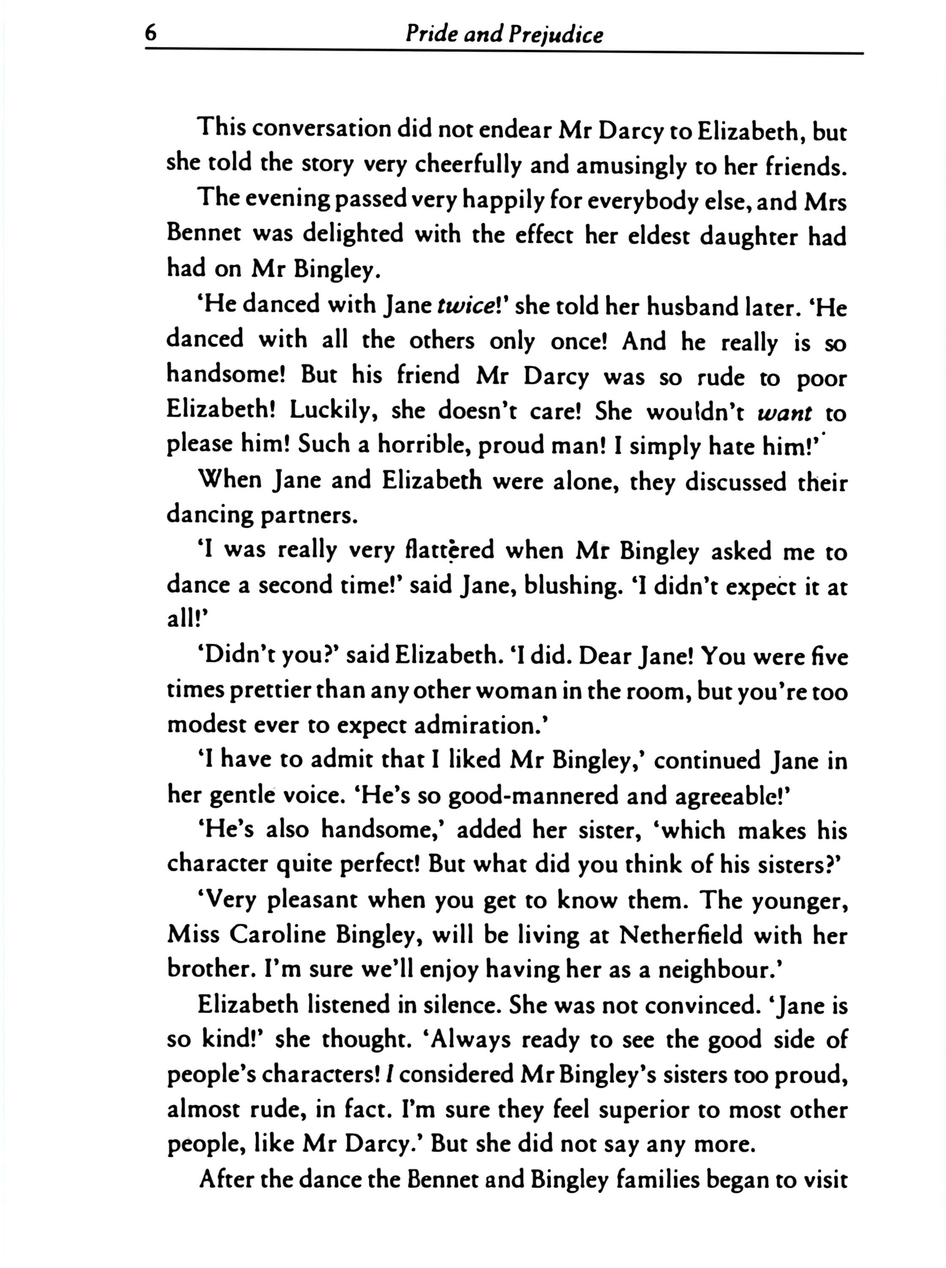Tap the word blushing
click(573, 587)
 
